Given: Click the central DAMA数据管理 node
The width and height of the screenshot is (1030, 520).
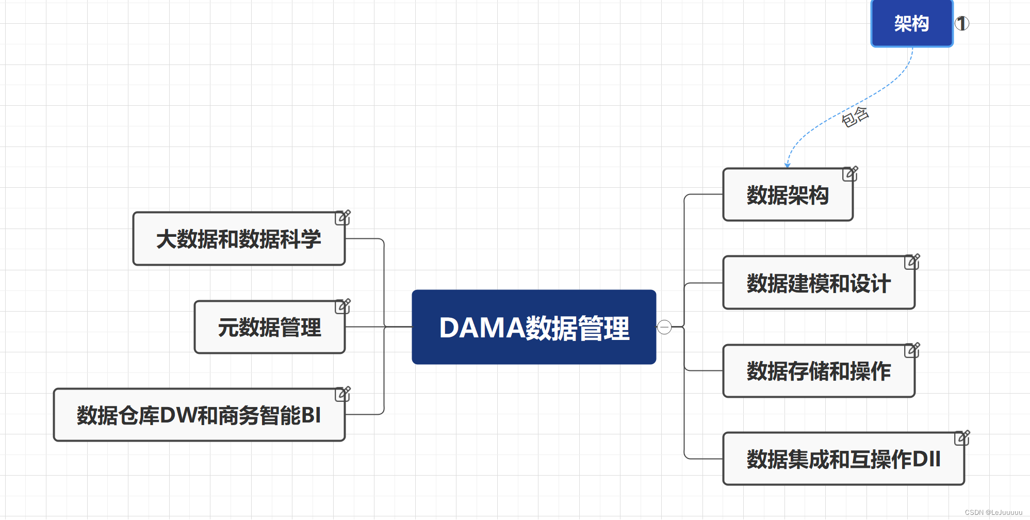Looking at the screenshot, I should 534,327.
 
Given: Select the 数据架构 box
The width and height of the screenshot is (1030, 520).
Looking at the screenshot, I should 788,195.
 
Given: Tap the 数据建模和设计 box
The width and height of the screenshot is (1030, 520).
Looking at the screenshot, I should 819,283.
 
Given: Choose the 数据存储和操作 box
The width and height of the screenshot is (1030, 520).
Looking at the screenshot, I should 819,371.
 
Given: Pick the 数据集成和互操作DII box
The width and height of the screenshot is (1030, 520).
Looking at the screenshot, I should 843,459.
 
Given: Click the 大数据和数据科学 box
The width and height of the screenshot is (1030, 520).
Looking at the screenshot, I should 238,239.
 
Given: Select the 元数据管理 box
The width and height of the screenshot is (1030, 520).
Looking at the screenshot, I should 269,327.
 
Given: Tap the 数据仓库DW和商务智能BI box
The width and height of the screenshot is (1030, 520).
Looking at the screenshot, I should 199,415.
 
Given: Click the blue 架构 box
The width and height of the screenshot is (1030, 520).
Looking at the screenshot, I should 911,23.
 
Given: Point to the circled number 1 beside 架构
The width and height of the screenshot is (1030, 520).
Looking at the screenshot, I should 962,23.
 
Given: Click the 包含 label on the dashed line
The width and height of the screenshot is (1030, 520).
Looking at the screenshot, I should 855,117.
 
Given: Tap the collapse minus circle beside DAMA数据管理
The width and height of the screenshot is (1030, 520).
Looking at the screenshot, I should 664,327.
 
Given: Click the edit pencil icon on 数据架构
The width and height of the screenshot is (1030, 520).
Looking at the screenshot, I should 850,173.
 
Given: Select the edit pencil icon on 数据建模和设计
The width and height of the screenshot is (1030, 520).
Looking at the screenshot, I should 912,262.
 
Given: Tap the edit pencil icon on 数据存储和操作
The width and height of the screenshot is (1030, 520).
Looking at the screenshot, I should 912,350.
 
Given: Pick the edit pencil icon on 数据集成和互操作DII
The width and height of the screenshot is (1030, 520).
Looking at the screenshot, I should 962,437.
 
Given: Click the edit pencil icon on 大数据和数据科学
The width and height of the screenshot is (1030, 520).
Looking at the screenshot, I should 342,217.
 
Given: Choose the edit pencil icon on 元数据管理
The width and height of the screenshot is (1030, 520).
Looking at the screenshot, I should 342,306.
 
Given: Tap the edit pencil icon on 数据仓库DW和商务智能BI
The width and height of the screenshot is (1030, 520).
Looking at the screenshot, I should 342,394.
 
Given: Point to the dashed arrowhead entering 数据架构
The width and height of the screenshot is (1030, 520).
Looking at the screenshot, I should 787,165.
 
